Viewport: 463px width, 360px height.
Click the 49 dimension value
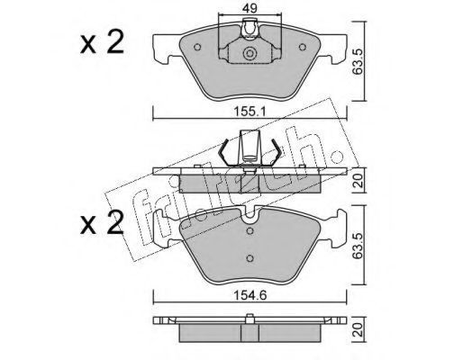[x=250, y=8]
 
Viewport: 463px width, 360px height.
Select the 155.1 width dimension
[x=250, y=112]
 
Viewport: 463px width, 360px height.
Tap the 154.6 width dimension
[x=250, y=295]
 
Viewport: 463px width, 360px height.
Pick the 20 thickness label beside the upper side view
[x=359, y=181]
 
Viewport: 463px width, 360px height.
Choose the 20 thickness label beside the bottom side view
[x=359, y=329]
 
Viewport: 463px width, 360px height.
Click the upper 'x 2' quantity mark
[x=102, y=43]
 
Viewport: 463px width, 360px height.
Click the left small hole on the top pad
[x=197, y=47]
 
